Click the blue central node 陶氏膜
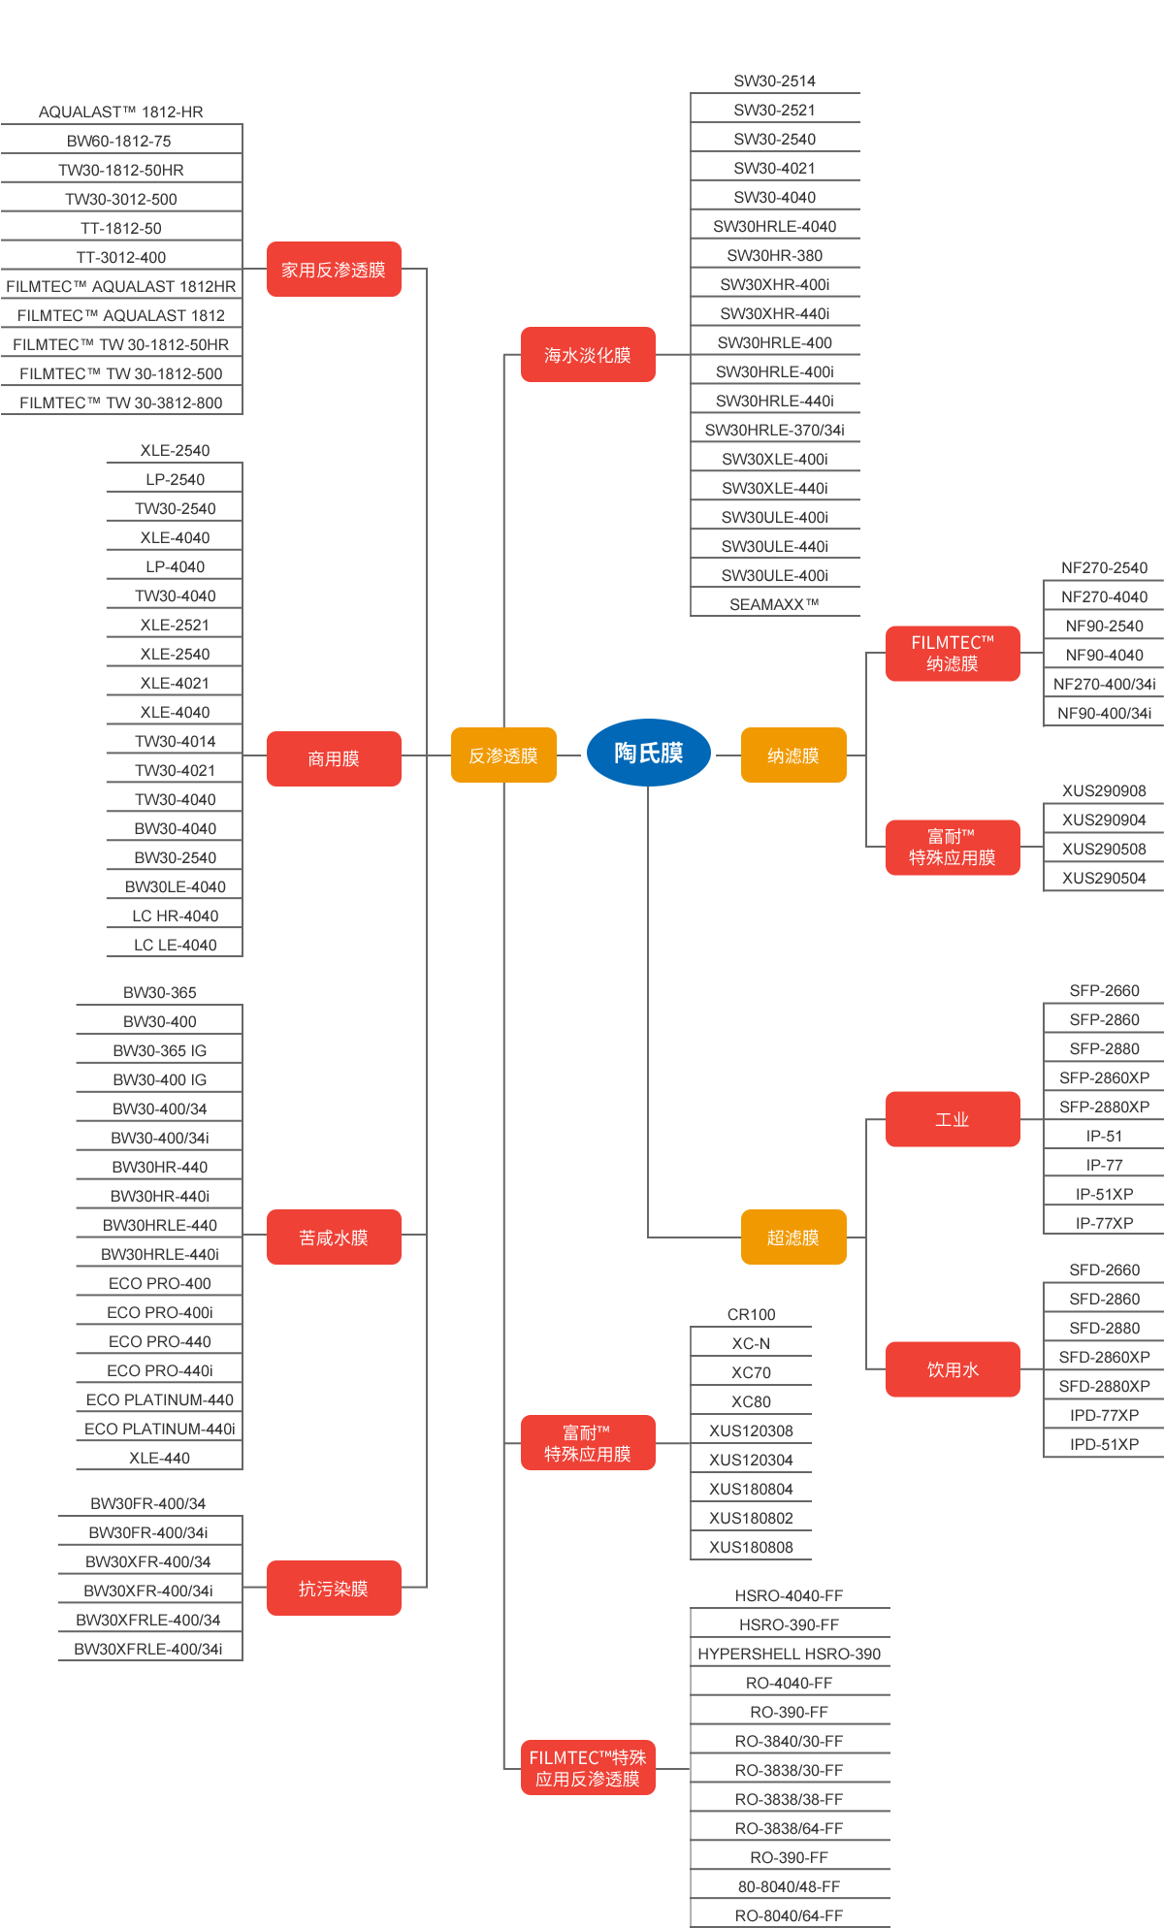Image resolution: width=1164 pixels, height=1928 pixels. (648, 753)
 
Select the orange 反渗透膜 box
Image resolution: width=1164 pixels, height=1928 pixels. (503, 755)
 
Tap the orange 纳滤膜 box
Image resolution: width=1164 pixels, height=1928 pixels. (792, 755)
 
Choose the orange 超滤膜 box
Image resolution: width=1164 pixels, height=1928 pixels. (792, 1237)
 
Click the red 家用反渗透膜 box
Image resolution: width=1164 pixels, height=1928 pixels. (334, 269)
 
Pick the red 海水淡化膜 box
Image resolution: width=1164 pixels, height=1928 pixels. (588, 354)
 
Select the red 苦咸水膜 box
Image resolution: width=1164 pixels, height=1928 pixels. (334, 1237)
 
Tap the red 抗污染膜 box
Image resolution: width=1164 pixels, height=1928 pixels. (334, 1588)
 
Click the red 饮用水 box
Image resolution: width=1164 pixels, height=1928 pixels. (952, 1368)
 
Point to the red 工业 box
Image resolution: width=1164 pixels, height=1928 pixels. (952, 1119)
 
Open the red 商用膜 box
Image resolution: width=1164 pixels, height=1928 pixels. (334, 758)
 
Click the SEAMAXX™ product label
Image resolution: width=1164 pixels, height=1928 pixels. (774, 604)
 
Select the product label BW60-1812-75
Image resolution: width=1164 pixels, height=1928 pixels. (119, 141)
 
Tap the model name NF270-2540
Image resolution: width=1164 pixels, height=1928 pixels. (1104, 567)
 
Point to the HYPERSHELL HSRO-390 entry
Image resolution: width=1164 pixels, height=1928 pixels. (789, 1654)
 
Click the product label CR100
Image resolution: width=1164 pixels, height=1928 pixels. (751, 1314)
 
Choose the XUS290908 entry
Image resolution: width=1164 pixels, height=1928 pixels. (1104, 790)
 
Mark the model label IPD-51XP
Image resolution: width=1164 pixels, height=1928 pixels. (1104, 1444)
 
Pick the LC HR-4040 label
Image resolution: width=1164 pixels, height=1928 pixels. (175, 916)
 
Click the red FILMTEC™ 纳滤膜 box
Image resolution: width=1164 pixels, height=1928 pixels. (952, 653)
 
